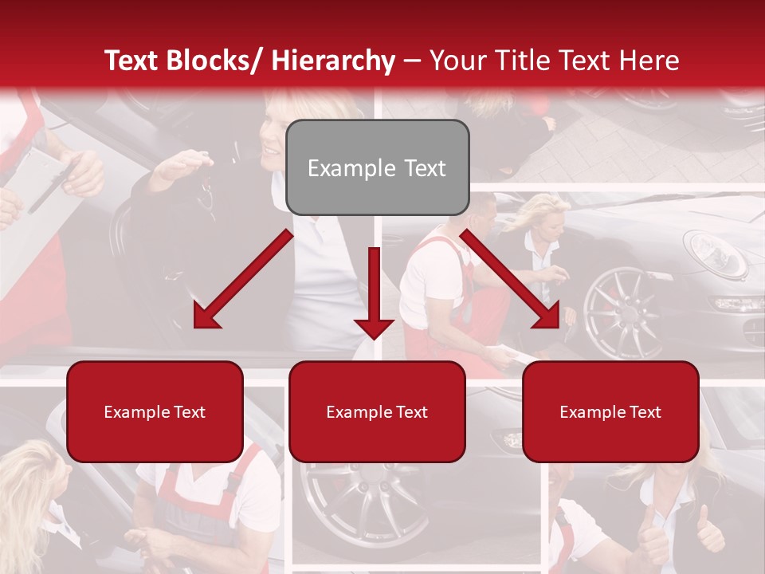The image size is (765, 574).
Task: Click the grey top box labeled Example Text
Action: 377,168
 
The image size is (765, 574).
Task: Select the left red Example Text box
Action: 155,411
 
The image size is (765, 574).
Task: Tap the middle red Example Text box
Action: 377,411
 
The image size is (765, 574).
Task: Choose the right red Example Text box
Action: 610,411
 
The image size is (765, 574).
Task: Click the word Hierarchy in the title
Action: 333,61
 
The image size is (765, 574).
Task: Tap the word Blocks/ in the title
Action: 217,61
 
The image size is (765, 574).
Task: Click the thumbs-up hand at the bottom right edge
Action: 708,530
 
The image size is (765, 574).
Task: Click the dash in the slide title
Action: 412,61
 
